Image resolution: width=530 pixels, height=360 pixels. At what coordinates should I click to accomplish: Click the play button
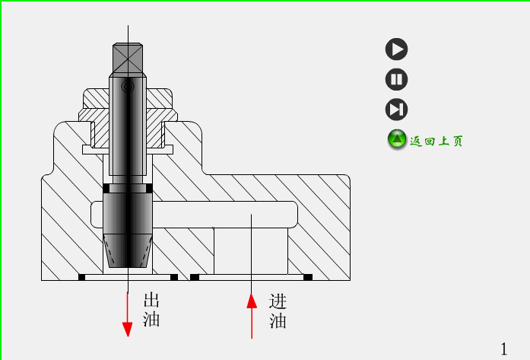[396, 49]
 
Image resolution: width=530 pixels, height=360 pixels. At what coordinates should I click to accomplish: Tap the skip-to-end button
[396, 109]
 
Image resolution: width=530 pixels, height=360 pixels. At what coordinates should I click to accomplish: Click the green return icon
[397, 139]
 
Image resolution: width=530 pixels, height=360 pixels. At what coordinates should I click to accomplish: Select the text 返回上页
[436, 141]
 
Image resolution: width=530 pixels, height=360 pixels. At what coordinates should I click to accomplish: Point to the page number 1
[503, 348]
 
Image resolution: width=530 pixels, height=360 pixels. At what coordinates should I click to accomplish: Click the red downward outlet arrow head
[128, 328]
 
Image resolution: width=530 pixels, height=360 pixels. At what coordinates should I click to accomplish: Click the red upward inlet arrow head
[252, 301]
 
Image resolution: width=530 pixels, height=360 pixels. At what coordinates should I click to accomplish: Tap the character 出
[151, 301]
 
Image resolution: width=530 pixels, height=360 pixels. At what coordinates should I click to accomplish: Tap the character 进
[278, 301]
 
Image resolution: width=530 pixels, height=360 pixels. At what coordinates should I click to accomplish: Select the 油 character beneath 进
[278, 320]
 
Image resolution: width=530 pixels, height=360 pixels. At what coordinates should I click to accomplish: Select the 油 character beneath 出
[151, 320]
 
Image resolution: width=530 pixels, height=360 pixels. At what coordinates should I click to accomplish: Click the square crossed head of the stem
[128, 57]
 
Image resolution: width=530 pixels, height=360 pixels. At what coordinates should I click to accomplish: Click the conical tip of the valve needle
[128, 251]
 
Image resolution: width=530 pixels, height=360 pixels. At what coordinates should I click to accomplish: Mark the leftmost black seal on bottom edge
[82, 276]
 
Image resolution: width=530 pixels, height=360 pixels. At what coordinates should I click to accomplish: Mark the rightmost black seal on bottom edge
[308, 276]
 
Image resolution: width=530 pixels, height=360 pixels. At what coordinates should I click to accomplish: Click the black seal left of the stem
[106, 187]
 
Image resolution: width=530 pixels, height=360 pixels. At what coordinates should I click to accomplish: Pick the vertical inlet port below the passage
[250, 251]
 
